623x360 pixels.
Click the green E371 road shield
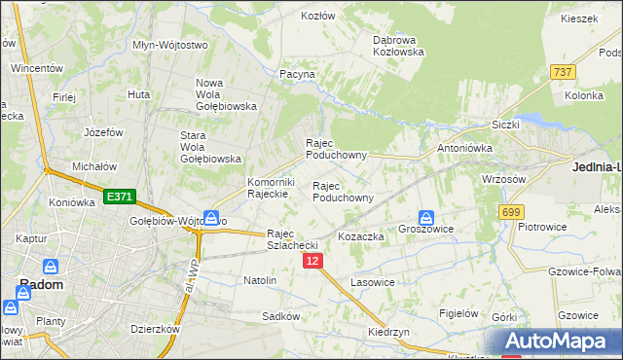pyautogui.click(x=119, y=197)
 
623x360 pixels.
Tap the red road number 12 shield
pyautogui.click(x=311, y=262)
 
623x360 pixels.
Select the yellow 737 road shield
pyautogui.click(x=562, y=73)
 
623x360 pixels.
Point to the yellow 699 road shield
pyautogui.click(x=511, y=211)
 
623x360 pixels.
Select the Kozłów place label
pyautogui.click(x=317, y=16)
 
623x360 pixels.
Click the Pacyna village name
pyautogui.click(x=297, y=73)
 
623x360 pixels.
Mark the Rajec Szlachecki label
pyautogui.click(x=294, y=239)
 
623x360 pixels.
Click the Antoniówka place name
pyautogui.click(x=465, y=148)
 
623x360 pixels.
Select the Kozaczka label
pyautogui.click(x=362, y=236)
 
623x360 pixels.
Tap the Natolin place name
pyautogui.click(x=260, y=280)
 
